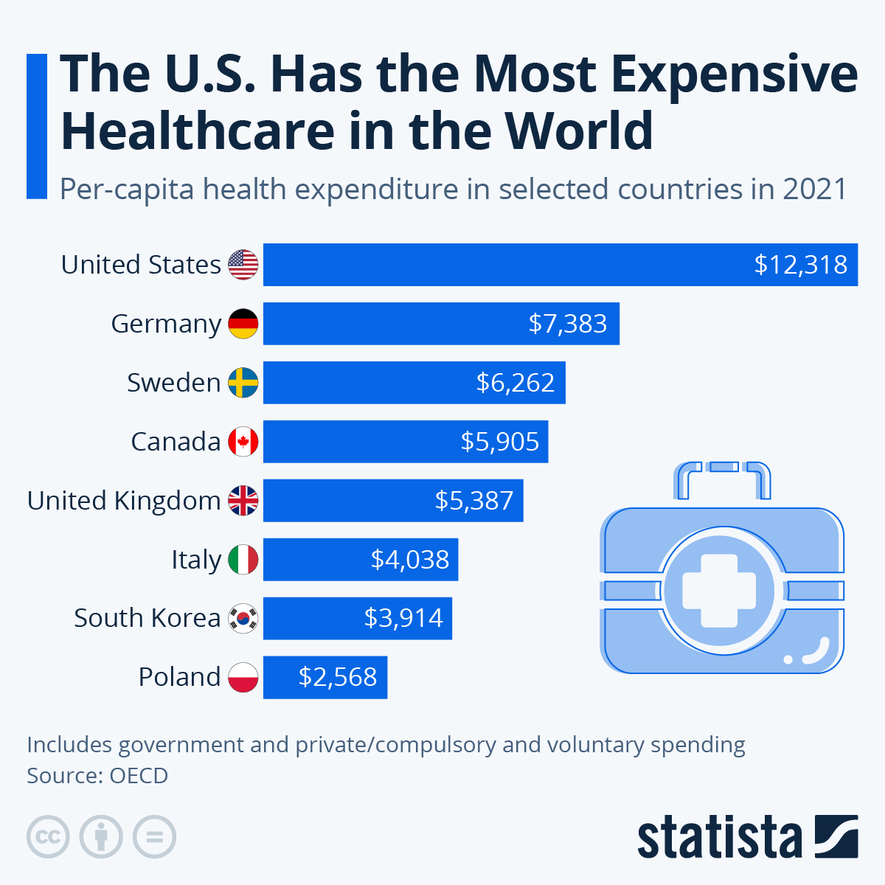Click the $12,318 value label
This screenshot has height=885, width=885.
click(x=800, y=265)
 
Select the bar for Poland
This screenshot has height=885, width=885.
click(x=324, y=677)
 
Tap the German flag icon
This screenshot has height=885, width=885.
click(x=243, y=324)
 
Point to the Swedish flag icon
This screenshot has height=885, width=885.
click(x=243, y=383)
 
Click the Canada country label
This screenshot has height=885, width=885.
click(x=176, y=442)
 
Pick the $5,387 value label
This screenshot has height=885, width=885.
click(x=473, y=501)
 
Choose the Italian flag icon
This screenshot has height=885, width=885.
click(x=243, y=560)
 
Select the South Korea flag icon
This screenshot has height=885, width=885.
click(x=243, y=618)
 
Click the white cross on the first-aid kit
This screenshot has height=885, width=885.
click(x=720, y=590)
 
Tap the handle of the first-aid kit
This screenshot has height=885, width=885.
click(x=722, y=476)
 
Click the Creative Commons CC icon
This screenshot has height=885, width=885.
click(x=48, y=837)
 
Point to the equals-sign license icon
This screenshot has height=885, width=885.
click(x=154, y=837)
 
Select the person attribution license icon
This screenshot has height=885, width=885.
click(x=101, y=837)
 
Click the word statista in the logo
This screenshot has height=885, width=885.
click(x=719, y=838)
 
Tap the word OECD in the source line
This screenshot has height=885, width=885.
click(x=139, y=776)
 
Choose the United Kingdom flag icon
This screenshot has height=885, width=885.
click(x=243, y=501)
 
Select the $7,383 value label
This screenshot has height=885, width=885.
click(x=567, y=324)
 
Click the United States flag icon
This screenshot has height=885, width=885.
click(x=243, y=265)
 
